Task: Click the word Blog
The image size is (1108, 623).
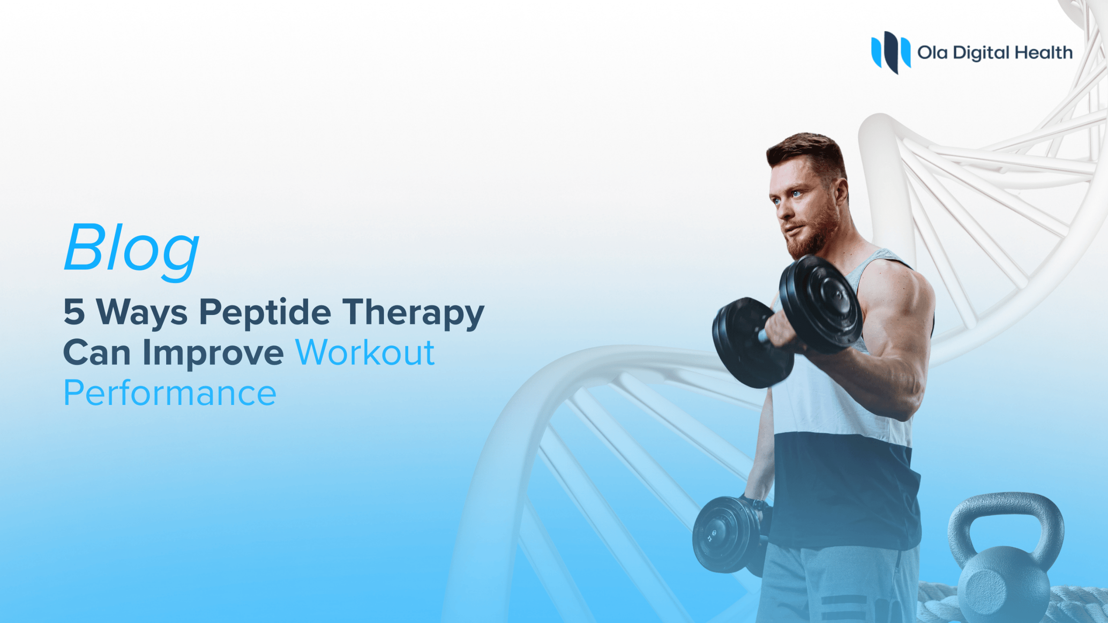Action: pyautogui.click(x=132, y=248)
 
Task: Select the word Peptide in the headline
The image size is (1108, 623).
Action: pyautogui.click(x=265, y=312)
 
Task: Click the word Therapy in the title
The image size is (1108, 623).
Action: pyautogui.click(x=413, y=312)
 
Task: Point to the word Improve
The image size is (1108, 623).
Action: pyautogui.click(x=213, y=353)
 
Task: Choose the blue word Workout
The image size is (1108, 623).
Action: pyautogui.click(x=365, y=353)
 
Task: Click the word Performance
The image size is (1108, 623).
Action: pyautogui.click(x=170, y=393)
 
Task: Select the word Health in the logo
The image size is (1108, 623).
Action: pyautogui.click(x=1044, y=53)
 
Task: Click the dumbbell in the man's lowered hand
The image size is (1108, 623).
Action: pyautogui.click(x=727, y=534)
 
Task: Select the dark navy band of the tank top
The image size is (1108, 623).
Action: pyautogui.click(x=844, y=485)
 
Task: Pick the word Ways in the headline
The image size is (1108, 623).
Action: pyautogui.click(x=142, y=312)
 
